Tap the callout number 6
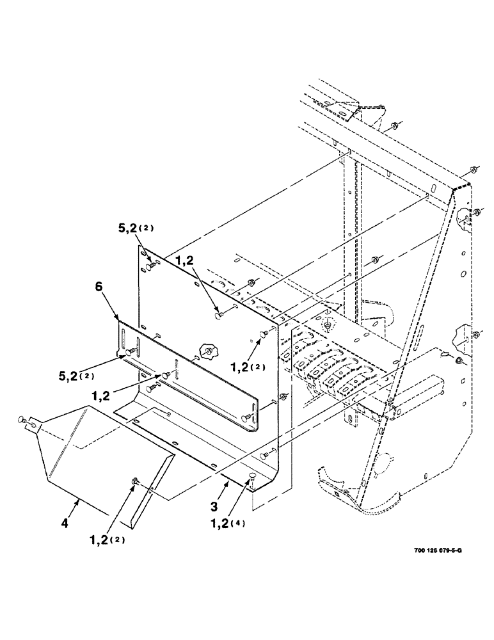(99, 289)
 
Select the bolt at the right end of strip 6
(246, 417)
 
